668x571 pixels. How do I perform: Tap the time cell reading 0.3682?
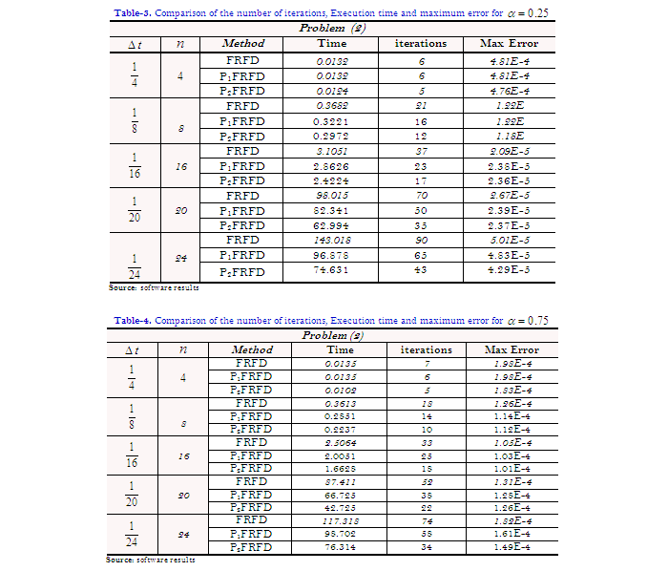pyautogui.click(x=332, y=106)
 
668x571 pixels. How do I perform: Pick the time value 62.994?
pyautogui.click(x=332, y=225)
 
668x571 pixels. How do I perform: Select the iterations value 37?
pyautogui.click(x=420, y=151)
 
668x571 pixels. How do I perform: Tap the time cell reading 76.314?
pyautogui.click(x=340, y=547)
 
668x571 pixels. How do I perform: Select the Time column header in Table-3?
pyautogui.click(x=332, y=43)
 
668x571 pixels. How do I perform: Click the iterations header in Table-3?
pyautogui.click(x=420, y=43)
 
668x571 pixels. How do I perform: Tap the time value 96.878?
pyautogui.click(x=332, y=256)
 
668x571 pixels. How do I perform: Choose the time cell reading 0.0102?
pyautogui.click(x=340, y=390)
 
